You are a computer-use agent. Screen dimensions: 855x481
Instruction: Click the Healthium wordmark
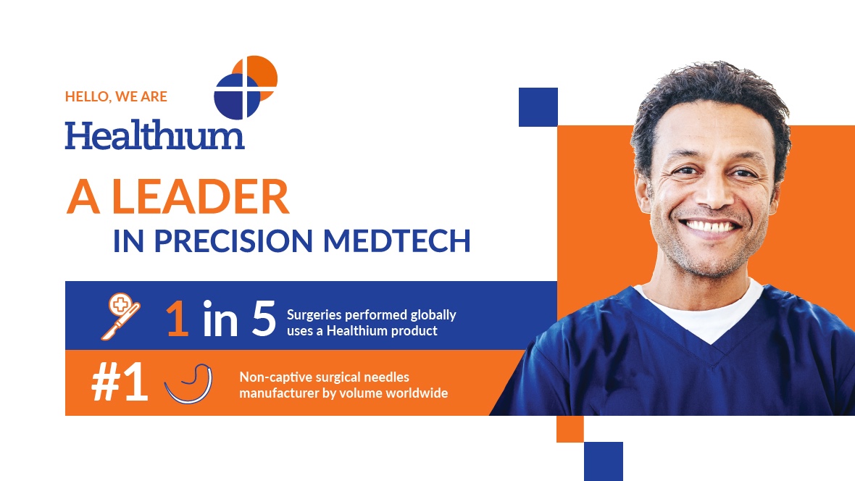[154, 135]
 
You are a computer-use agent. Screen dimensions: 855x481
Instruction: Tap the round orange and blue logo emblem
[246, 87]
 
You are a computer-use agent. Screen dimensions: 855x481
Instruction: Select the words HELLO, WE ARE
[116, 96]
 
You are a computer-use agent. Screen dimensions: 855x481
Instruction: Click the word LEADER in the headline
[200, 197]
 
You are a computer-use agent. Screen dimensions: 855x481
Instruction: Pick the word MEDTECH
[396, 240]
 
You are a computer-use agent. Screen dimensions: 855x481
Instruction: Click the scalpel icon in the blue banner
[120, 317]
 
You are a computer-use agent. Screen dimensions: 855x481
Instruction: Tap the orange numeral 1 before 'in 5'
[178, 319]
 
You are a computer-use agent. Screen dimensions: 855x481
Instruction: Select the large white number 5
[264, 318]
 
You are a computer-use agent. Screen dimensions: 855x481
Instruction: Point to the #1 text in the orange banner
[120, 382]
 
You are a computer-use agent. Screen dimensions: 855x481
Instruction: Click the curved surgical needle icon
[188, 384]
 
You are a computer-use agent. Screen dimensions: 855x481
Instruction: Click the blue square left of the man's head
[538, 107]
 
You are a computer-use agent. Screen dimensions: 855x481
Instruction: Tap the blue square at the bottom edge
[603, 461]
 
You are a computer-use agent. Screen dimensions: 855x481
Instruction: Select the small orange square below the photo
[570, 429]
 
